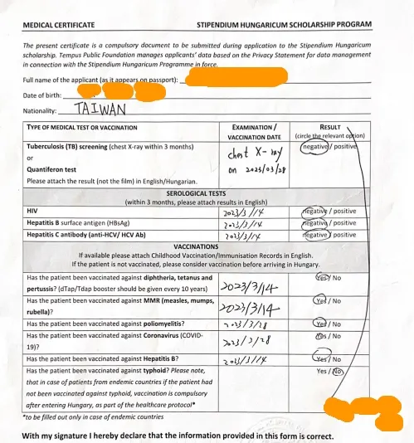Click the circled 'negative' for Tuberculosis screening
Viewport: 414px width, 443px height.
point(316,146)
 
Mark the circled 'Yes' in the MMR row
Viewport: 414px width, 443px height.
point(321,301)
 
